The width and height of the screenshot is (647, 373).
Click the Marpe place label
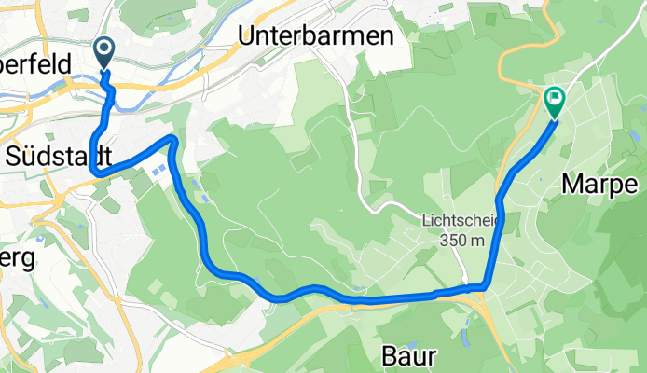click(x=599, y=185)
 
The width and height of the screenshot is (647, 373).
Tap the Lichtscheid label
click(x=461, y=221)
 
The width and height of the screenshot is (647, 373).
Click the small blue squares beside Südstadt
click(x=160, y=170)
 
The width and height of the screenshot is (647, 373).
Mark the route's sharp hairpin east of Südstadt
click(x=172, y=139)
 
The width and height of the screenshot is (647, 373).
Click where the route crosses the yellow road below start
click(x=106, y=89)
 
